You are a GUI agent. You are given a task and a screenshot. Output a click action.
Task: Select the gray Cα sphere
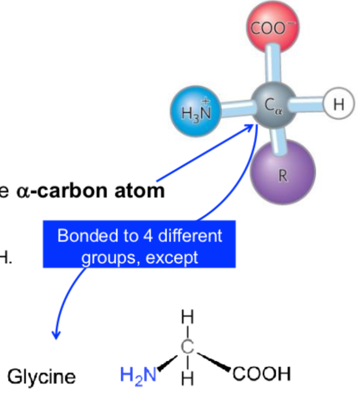tap(273, 104)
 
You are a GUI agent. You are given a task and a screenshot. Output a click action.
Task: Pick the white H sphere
tap(338, 103)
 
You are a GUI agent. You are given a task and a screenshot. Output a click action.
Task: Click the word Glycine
tap(42, 377)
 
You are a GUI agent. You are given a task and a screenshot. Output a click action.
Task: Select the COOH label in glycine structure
tap(261, 374)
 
